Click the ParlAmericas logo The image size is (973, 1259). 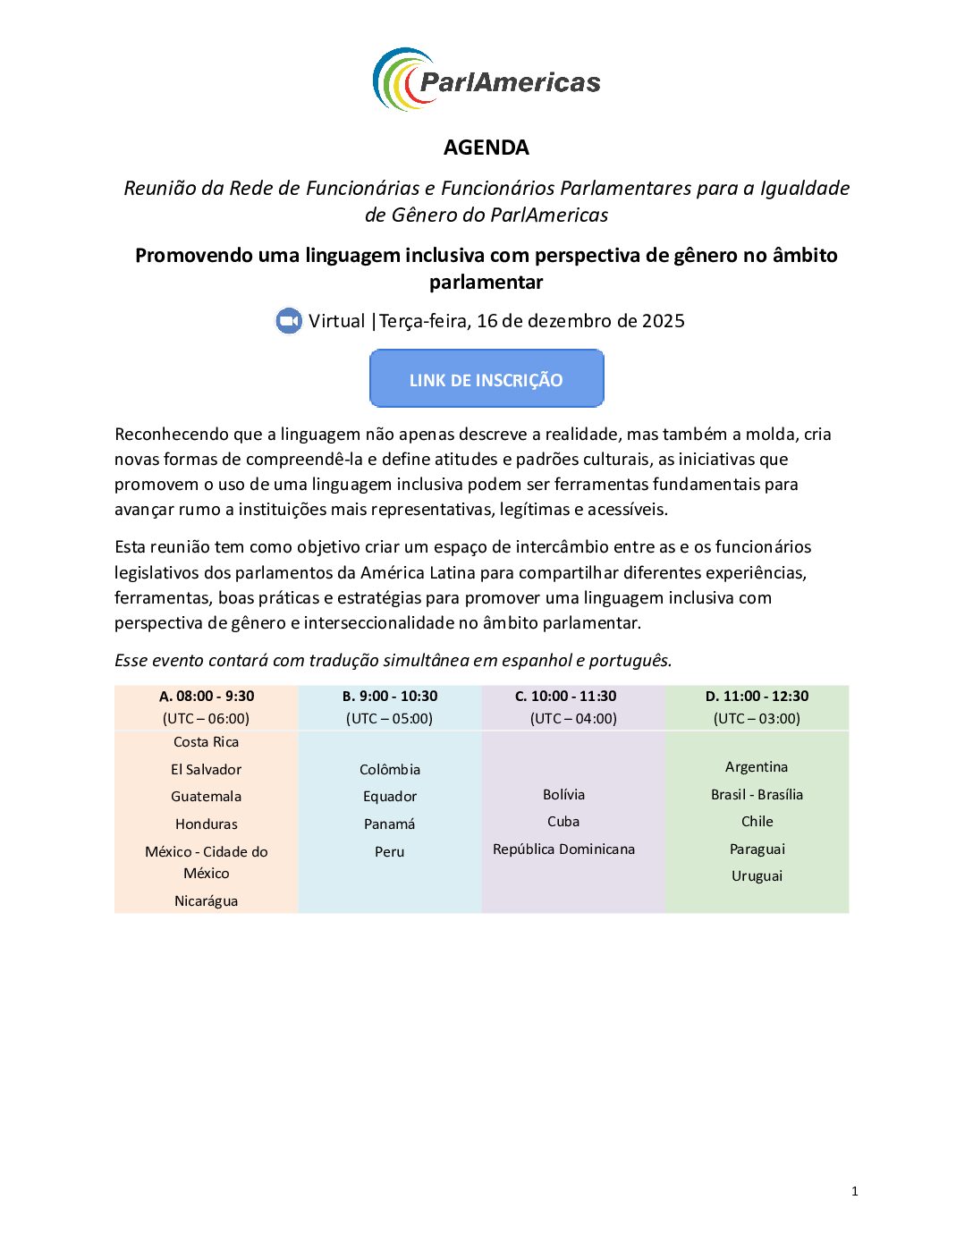pos(486,80)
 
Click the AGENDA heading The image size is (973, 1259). pos(486,148)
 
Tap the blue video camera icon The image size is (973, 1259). pos(289,321)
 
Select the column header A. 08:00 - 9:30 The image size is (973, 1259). pos(207,697)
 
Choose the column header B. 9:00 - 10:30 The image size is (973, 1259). pos(390,697)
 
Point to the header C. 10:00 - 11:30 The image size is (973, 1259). pos(565,697)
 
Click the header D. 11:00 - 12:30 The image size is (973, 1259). pos(757,697)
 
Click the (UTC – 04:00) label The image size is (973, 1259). pos(573,719)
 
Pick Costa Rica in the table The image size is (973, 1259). pos(207,742)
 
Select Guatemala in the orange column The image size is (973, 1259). pos(207,797)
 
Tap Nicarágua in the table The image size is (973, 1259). pos(207,901)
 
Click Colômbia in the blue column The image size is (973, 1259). pos(390,770)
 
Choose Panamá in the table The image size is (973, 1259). pos(390,824)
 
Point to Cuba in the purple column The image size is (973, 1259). pos(563,822)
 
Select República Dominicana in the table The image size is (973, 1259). pos(563,849)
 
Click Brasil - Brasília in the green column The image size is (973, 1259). pos(757,795)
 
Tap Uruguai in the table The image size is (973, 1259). pos(757,876)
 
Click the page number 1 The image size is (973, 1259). pos(855,1191)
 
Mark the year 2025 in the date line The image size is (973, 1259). pos(663,321)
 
